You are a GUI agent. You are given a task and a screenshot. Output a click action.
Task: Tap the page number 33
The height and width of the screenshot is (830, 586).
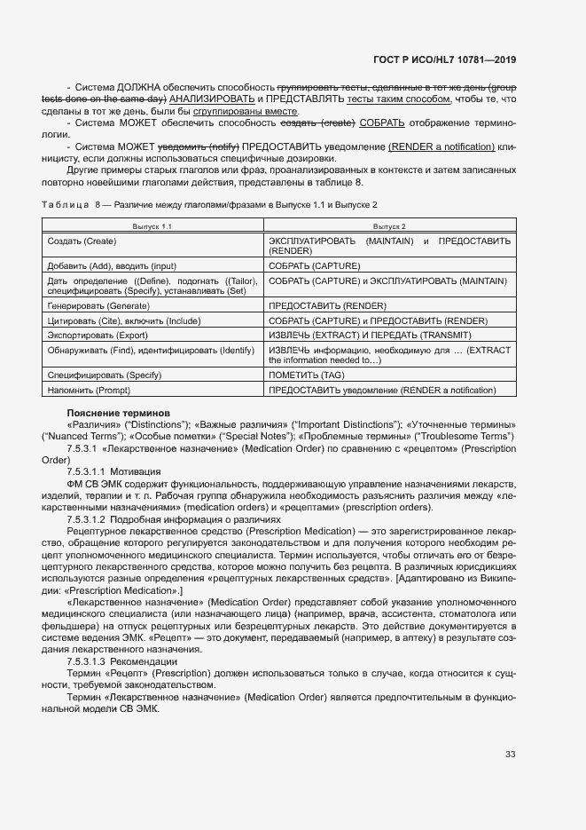[x=510, y=755]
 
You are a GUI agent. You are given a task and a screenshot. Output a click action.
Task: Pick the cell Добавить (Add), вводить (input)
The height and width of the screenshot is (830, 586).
[x=112, y=265]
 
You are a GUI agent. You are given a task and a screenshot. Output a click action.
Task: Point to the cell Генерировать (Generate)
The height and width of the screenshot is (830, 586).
[x=98, y=304]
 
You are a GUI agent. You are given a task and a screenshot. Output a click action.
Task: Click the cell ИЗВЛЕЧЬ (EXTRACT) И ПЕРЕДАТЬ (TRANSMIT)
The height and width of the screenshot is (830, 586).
[x=370, y=335]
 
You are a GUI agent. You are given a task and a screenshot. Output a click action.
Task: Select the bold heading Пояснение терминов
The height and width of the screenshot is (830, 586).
[x=118, y=413]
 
